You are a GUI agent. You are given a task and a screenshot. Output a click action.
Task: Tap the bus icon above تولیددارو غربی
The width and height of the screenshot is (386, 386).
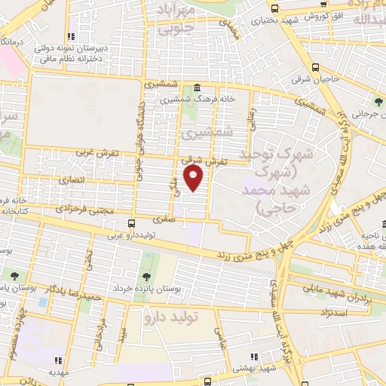(132, 224)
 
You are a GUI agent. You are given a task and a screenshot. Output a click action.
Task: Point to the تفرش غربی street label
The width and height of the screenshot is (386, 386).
(98, 153)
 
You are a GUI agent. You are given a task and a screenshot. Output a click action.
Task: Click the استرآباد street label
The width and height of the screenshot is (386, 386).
(332, 311)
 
